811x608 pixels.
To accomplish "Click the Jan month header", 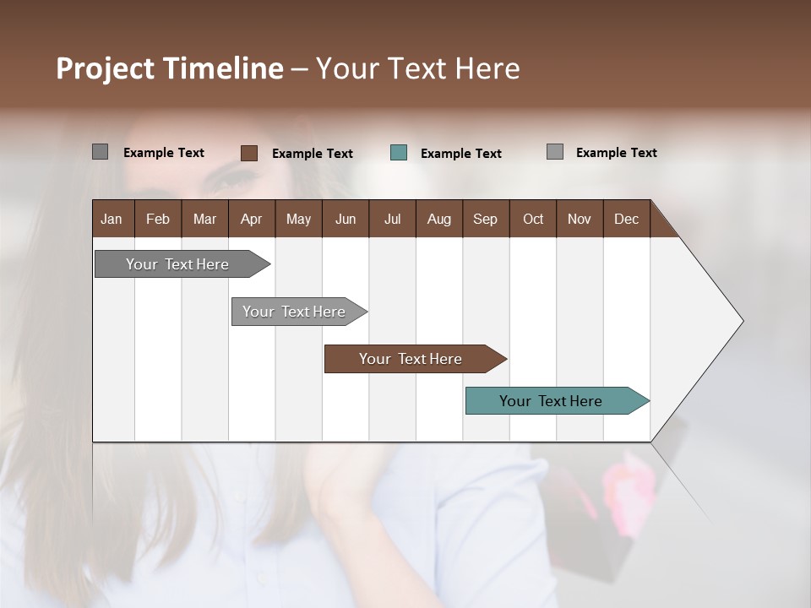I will (x=112, y=219).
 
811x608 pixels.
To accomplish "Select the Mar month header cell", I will (x=204, y=219).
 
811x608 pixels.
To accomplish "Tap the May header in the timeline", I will (x=298, y=219).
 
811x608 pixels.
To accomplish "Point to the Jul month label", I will (x=392, y=219).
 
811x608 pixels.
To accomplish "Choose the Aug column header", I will (x=438, y=219).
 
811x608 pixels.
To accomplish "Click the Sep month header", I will (x=485, y=219).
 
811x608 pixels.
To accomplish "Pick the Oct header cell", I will (x=533, y=219).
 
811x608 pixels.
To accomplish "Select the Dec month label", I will (x=626, y=219).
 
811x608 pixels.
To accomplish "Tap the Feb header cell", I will (x=158, y=219).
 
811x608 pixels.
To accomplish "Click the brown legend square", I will (x=249, y=153).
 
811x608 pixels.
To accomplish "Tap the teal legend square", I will (x=399, y=153).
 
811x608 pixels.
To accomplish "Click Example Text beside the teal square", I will (x=460, y=154).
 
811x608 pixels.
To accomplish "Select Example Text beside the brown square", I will (x=312, y=154).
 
